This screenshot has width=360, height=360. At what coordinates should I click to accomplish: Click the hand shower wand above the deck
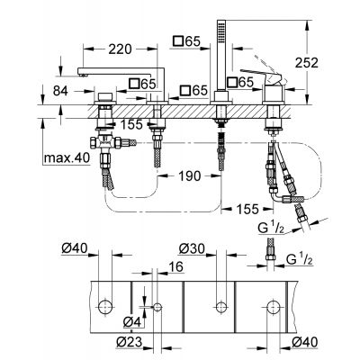[219, 54]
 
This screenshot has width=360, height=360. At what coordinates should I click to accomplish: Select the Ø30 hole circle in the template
[219, 305]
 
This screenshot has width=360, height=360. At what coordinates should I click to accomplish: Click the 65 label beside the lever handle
[243, 83]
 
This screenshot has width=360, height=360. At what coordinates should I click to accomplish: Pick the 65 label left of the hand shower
[190, 41]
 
